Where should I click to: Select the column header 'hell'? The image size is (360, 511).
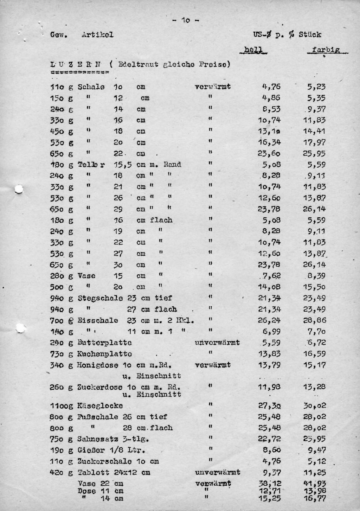point(254,50)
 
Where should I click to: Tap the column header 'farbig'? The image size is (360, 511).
point(326,50)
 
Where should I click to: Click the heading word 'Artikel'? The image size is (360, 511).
point(97,34)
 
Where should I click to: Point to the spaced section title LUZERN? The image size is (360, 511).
point(76,64)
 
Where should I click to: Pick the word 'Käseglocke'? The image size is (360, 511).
point(100,405)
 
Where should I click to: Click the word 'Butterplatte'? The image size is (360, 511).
point(104,343)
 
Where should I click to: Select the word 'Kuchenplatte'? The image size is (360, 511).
point(104,354)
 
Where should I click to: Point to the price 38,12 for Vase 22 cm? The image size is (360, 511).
point(270,484)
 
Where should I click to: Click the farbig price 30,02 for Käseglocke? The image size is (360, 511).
point(315,405)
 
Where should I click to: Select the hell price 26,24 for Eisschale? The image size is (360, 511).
point(270,320)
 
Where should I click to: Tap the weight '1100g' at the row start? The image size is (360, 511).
point(62,405)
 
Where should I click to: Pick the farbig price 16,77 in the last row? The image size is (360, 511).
point(315,498)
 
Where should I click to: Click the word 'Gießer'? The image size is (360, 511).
point(91,450)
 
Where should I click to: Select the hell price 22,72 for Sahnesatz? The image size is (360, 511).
point(270,439)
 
